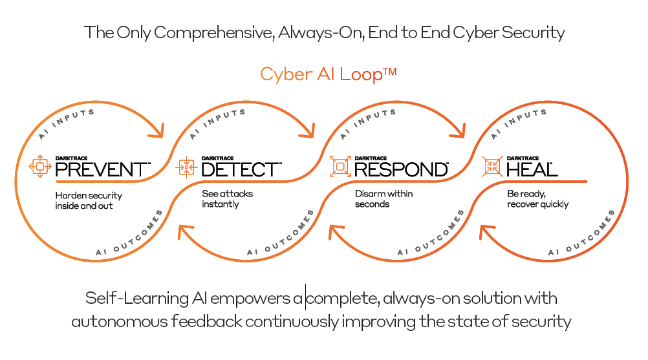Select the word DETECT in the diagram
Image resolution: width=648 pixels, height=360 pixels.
pos(241,169)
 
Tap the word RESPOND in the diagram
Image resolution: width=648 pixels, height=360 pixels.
pos(401,169)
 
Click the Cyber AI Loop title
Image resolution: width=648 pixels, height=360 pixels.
pos(328,74)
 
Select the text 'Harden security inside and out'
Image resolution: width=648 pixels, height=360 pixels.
pos(89,200)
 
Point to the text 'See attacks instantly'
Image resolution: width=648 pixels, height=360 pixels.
pos(227,199)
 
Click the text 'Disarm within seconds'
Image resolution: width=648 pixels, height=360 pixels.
pos(383,199)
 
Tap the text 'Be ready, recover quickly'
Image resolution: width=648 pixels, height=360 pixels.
pos(537,199)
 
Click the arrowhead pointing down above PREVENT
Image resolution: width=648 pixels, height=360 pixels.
pos(155,132)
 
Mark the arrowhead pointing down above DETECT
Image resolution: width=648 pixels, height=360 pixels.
pos(307,132)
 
